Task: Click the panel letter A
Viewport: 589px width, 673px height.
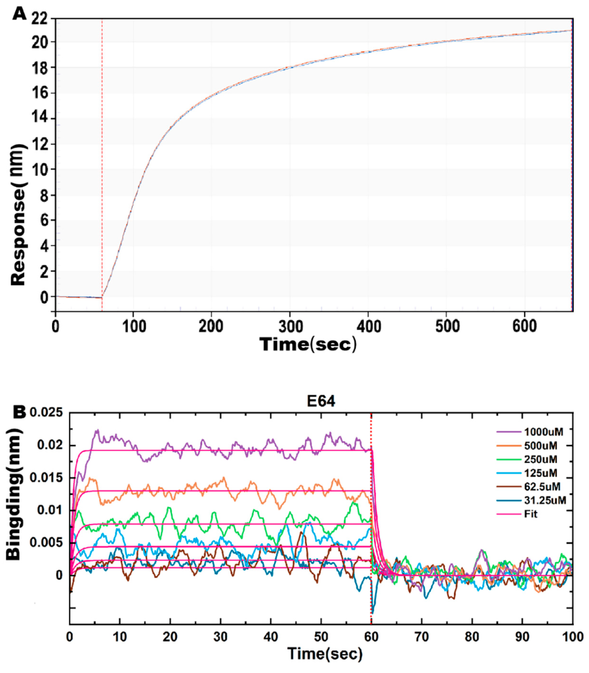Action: click(x=19, y=15)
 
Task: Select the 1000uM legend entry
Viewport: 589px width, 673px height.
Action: click(x=543, y=432)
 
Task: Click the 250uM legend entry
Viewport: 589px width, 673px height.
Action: click(x=541, y=459)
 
